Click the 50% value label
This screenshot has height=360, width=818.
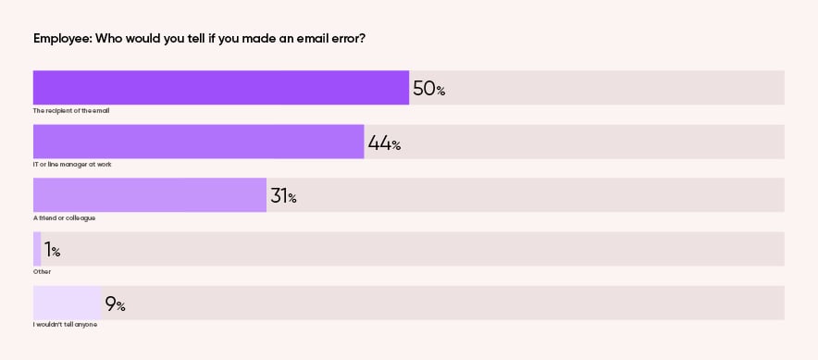tap(428, 89)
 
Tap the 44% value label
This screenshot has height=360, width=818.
tap(384, 143)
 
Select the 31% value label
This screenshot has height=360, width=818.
tap(283, 196)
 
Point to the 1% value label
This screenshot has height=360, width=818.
tap(52, 250)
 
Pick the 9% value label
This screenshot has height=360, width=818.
tap(115, 304)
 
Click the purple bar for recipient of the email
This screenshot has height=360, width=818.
tap(220, 88)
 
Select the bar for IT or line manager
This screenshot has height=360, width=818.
tap(198, 142)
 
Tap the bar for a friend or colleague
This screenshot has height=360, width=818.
tap(149, 195)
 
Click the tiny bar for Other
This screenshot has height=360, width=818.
tap(37, 249)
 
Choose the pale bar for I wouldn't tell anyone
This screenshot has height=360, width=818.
tap(67, 303)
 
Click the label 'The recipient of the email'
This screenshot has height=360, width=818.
tap(71, 110)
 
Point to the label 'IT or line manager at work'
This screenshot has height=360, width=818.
tap(72, 164)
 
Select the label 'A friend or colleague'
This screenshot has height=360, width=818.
tap(64, 217)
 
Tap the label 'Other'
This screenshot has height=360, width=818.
tap(42, 271)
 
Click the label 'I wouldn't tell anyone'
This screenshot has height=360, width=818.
tap(65, 325)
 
